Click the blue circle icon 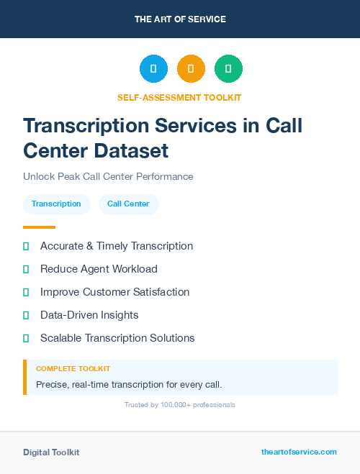(x=153, y=68)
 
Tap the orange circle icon (x=191, y=68)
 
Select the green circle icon (x=228, y=68)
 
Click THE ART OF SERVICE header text (x=180, y=19)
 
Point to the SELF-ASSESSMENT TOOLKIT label (x=179, y=97)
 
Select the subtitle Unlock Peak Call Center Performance (x=108, y=176)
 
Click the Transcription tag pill (x=56, y=204)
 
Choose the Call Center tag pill (x=128, y=204)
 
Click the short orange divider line (x=39, y=227)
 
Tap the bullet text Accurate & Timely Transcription (x=117, y=246)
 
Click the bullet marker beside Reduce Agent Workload (x=26, y=269)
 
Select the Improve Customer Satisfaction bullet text (x=114, y=292)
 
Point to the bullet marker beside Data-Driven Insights (x=26, y=315)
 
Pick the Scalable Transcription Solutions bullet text (x=117, y=338)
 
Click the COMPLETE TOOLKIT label (x=73, y=368)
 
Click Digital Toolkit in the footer (x=51, y=452)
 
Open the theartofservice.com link (x=299, y=452)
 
